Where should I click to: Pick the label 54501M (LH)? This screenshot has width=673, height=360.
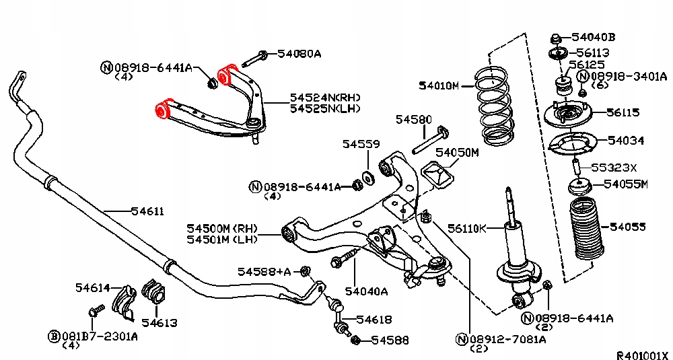[222, 239]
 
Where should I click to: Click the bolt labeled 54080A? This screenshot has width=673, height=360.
[254, 59]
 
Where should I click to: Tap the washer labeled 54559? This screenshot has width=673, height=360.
[368, 176]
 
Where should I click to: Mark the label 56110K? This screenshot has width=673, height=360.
[466, 228]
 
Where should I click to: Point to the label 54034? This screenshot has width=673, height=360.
[626, 141]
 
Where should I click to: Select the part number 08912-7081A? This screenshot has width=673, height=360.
[507, 340]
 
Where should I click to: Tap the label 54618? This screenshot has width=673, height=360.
[374, 319]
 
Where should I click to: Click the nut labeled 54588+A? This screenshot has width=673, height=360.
[305, 271]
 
